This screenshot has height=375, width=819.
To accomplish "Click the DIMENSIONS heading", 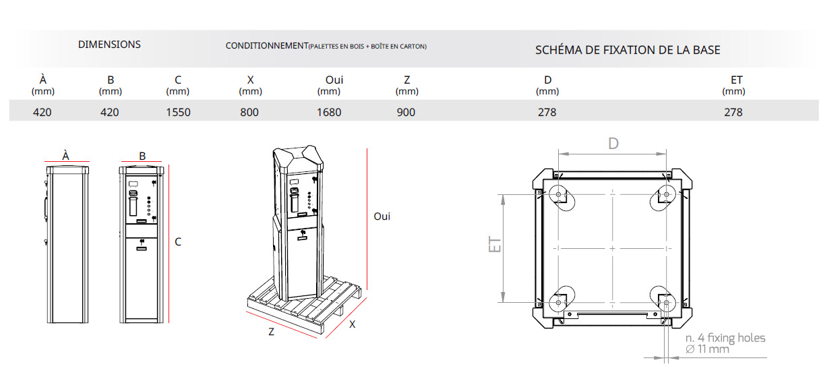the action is pos(109,45).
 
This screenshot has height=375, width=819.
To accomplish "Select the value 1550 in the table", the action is pos(178,112).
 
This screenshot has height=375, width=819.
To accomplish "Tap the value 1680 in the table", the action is pos(329,112).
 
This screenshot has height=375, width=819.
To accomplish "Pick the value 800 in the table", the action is pos(249,112).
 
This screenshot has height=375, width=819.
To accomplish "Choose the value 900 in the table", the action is pos(406,112).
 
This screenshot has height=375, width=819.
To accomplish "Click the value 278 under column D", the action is pos(547,112).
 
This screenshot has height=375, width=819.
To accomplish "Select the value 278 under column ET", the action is pos(733,112).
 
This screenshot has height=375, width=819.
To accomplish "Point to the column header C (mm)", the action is pos(178,85).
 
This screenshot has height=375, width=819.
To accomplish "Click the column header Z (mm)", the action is pos(407,85).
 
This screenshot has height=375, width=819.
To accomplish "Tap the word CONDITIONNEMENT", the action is pos(267,46).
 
